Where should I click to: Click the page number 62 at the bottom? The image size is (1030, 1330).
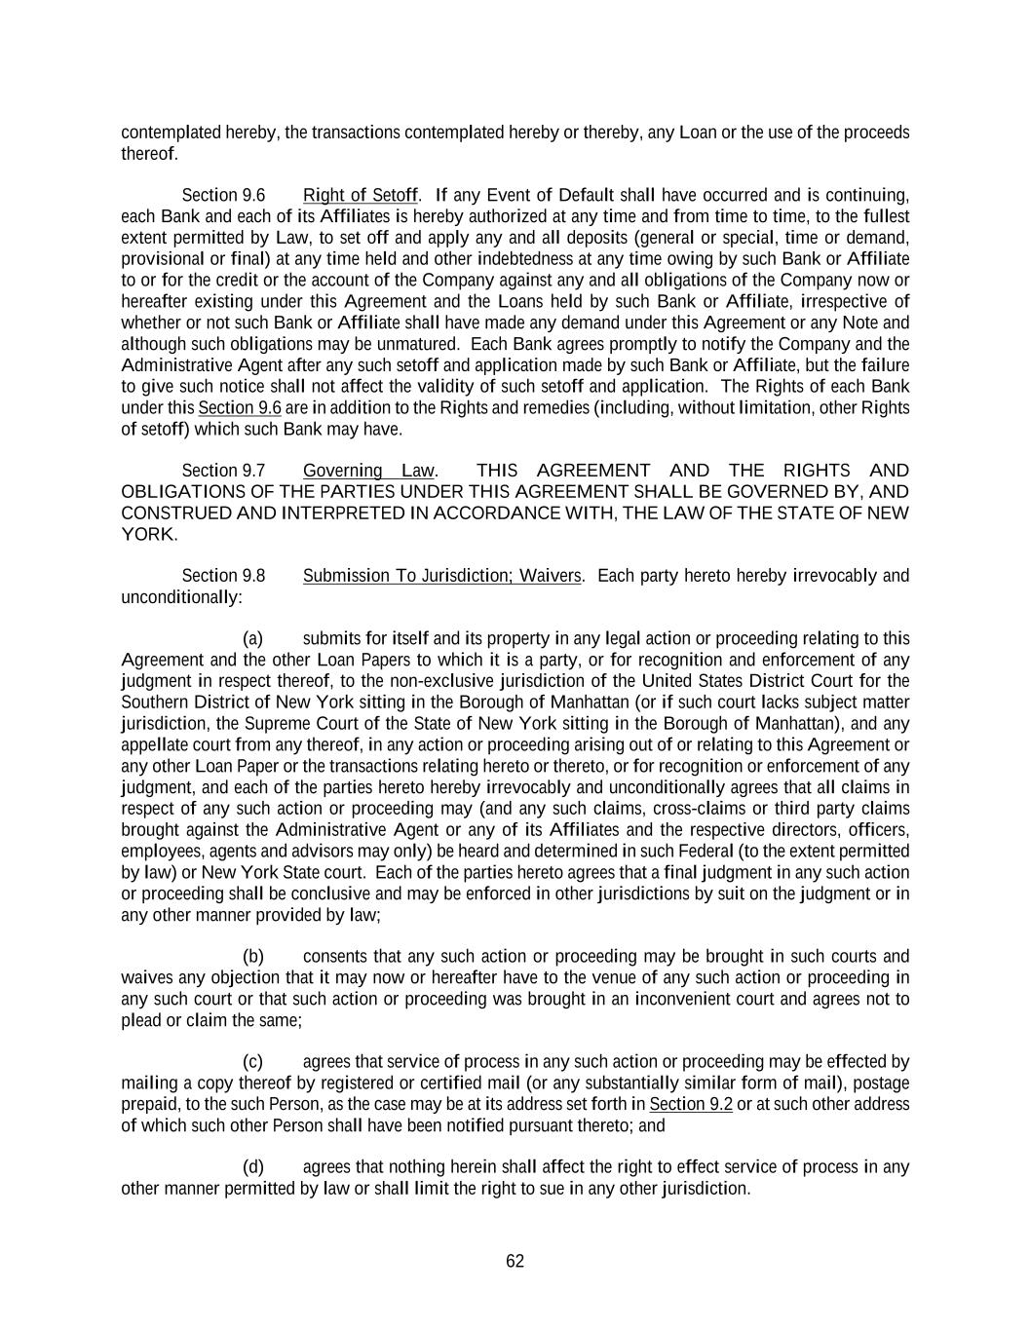click(515, 1261)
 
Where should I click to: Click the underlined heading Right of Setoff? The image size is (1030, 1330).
click(361, 195)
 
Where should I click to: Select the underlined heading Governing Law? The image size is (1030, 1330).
click(368, 471)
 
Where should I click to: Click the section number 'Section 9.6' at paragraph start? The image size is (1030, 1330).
click(223, 195)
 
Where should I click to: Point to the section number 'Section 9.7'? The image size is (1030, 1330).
click(223, 471)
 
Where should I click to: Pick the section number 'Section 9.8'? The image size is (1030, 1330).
click(223, 576)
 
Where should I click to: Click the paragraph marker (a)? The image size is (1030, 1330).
click(252, 639)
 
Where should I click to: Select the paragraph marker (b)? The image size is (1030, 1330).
click(252, 957)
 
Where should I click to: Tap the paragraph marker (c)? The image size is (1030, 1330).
click(252, 1062)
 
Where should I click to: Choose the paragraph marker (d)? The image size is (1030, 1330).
click(252, 1167)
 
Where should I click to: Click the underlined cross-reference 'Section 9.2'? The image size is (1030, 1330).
click(691, 1104)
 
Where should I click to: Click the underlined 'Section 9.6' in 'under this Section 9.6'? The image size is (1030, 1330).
click(240, 407)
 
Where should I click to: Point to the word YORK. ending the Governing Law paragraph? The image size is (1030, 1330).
click(149, 534)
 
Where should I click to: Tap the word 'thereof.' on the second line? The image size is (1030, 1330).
click(149, 154)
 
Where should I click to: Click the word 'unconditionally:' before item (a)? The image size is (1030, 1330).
click(181, 596)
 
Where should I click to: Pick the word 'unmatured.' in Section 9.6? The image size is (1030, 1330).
click(419, 344)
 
